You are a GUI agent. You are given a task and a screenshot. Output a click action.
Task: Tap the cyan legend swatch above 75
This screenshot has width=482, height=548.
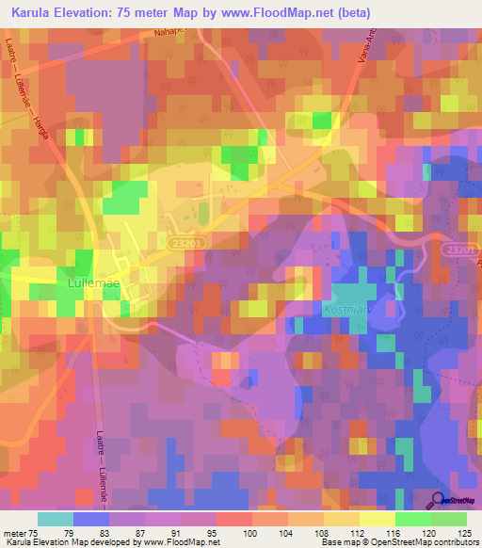pyautogui.click(x=56, y=519)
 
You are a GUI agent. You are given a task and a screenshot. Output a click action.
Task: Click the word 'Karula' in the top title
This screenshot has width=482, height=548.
pyautogui.click(x=30, y=13)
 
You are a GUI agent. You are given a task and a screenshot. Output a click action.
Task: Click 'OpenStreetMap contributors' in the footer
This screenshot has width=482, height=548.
pyautogui.click(x=426, y=542)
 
